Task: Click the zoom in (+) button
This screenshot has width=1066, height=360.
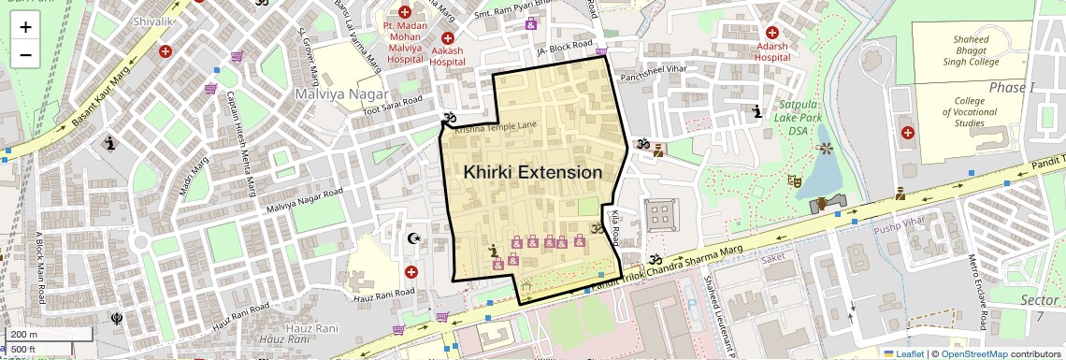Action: (25, 27)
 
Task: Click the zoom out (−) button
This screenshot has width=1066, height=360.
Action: (25, 55)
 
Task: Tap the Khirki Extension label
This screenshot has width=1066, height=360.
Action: (533, 173)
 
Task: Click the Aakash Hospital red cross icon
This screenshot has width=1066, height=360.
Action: (448, 37)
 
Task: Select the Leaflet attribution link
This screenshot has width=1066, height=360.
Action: (903, 353)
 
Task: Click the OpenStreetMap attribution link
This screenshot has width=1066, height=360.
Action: (973, 353)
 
